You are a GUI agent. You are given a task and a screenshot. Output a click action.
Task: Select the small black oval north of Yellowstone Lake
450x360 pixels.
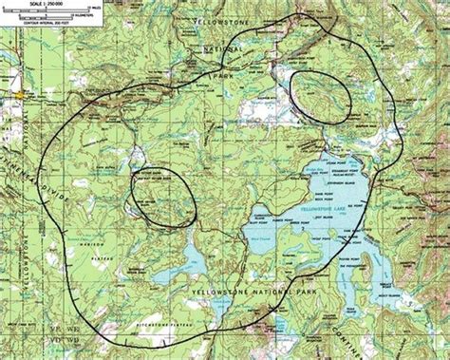[x=321, y=93]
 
